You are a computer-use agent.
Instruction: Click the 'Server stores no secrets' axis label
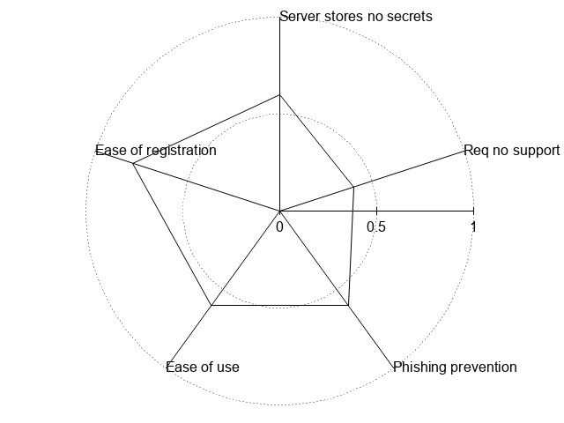pyautogui.click(x=355, y=16)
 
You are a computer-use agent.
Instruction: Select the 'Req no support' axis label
pyautogui.click(x=511, y=151)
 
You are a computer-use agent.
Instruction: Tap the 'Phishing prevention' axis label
pyautogui.click(x=455, y=367)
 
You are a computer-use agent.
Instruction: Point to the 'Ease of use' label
pyautogui.click(x=203, y=367)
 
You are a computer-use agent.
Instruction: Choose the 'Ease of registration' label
pyautogui.click(x=156, y=151)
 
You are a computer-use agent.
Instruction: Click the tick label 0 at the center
pyautogui.click(x=279, y=226)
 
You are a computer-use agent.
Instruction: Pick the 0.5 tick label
pyautogui.click(x=376, y=226)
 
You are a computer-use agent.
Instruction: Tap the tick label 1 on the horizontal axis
pyautogui.click(x=473, y=226)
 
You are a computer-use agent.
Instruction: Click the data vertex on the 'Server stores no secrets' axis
pyautogui.click(x=279, y=94)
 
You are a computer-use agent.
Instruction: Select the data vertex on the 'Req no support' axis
pyautogui.click(x=353, y=187)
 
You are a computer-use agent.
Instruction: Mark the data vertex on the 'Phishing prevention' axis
pyautogui.click(x=348, y=306)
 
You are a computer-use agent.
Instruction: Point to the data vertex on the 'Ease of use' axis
pyautogui.click(x=211, y=306)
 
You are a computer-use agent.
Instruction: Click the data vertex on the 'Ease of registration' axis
pyautogui.click(x=133, y=163)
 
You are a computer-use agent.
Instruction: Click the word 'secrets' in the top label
pyautogui.click(x=409, y=16)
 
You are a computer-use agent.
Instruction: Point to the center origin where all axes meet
pyautogui.click(x=279, y=211)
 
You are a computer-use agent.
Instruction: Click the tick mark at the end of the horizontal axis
pyautogui.click(x=473, y=211)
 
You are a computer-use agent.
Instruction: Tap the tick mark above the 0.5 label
pyautogui.click(x=376, y=211)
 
